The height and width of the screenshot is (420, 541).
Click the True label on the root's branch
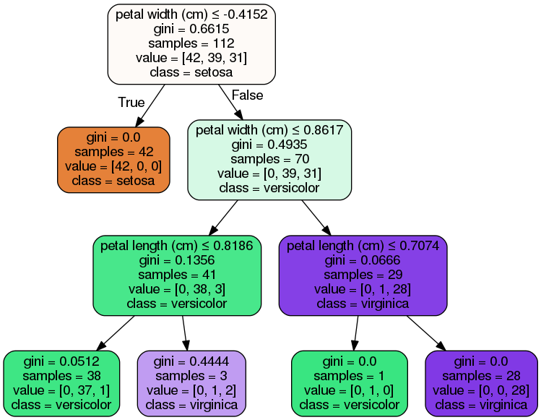click(x=131, y=103)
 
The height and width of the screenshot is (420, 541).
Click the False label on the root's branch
click(x=247, y=95)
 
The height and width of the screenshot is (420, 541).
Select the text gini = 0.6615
click(x=192, y=28)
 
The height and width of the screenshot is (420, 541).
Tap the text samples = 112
click(x=192, y=43)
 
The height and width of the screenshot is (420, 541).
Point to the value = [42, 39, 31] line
click(x=192, y=58)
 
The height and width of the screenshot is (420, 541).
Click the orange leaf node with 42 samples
click(x=114, y=159)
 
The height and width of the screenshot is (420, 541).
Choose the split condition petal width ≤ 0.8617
click(x=269, y=131)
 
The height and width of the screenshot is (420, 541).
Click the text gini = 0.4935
click(x=269, y=145)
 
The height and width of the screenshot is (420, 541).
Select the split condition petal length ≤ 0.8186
click(x=176, y=246)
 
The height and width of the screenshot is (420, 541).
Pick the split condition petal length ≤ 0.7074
click(x=363, y=246)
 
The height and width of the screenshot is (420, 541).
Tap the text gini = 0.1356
click(x=176, y=260)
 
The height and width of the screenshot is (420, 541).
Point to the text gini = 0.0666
click(x=363, y=260)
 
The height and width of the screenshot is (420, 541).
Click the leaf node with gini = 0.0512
click(x=61, y=383)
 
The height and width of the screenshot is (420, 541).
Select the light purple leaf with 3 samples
click(x=191, y=383)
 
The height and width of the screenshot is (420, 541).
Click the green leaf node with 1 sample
click(x=349, y=383)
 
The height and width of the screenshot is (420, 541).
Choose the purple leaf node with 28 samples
click(x=482, y=383)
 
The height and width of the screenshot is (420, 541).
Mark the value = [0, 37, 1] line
click(x=61, y=390)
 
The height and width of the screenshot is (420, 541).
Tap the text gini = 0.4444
click(x=191, y=361)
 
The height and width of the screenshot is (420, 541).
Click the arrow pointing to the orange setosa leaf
click(x=148, y=105)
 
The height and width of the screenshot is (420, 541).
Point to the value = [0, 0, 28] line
click(x=482, y=390)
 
